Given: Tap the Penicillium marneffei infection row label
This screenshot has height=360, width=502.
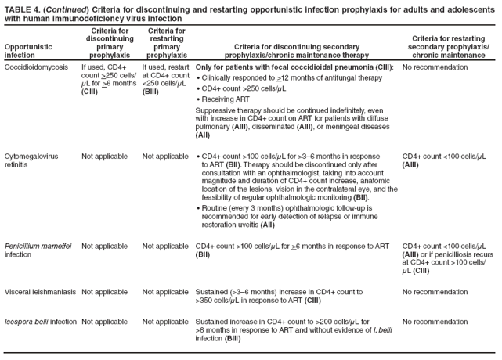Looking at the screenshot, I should tap(37, 250).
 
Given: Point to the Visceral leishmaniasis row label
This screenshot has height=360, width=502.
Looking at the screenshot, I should tap(39, 292).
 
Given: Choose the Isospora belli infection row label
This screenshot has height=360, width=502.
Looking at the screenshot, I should tap(40, 322).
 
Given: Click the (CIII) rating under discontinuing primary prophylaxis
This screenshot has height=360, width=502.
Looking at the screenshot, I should tap(91, 92).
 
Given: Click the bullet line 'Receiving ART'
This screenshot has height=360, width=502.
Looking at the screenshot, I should tap(226, 99).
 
